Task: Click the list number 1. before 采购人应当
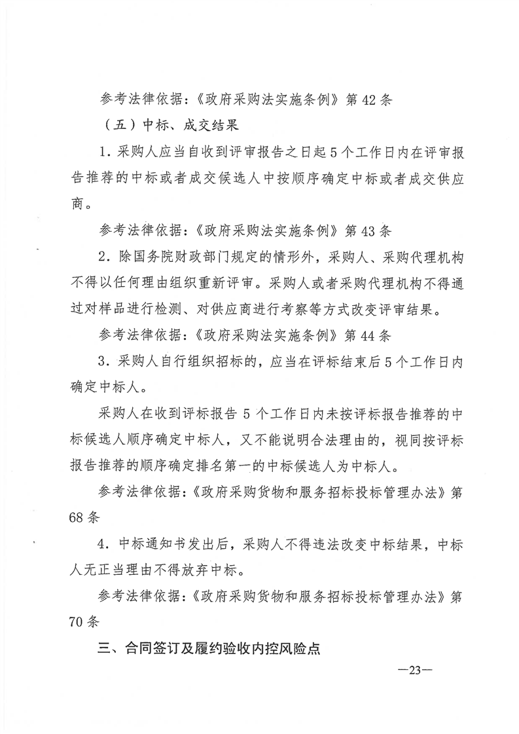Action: point(105,152)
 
